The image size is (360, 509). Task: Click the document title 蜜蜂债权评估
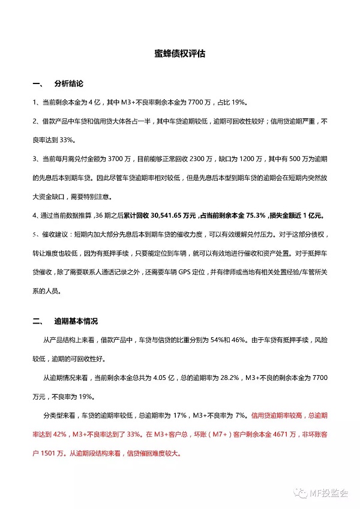click(179, 53)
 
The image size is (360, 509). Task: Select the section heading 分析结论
click(68, 83)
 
